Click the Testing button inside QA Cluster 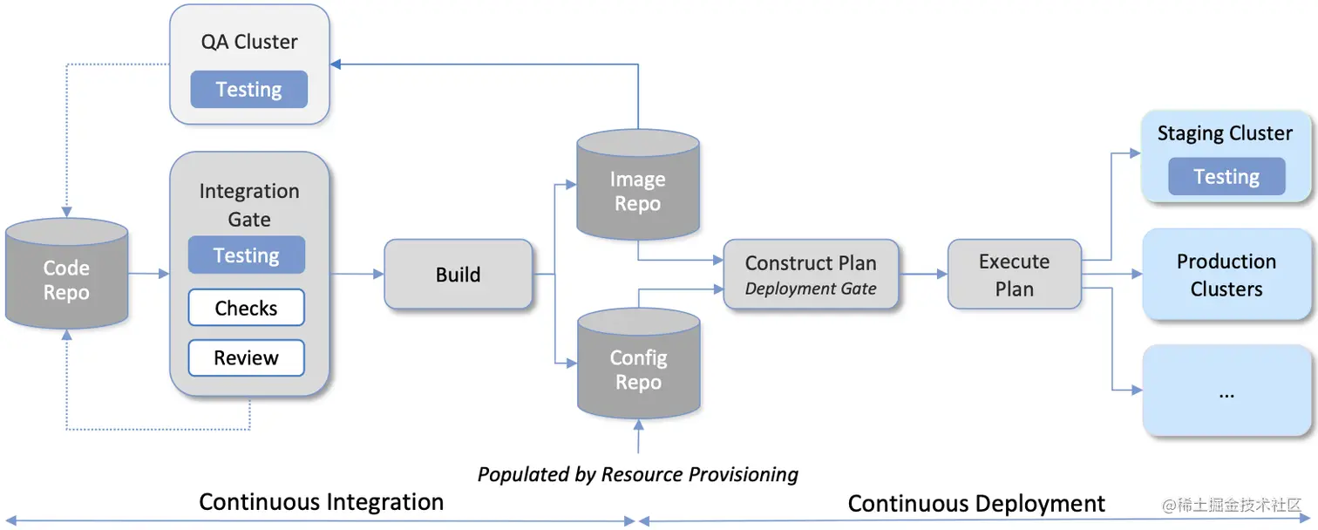[248, 90]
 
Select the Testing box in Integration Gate [247, 255]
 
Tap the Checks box [247, 308]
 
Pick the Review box [247, 357]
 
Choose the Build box [458, 275]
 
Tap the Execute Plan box [1014, 275]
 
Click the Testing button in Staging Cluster [1226, 177]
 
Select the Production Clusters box [1226, 275]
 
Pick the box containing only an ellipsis [1226, 391]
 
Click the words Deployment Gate [811, 289]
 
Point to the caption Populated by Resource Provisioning [638, 474]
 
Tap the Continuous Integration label [321, 502]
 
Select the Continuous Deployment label [976, 504]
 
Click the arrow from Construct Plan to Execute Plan [923, 274]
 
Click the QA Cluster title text [249, 42]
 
